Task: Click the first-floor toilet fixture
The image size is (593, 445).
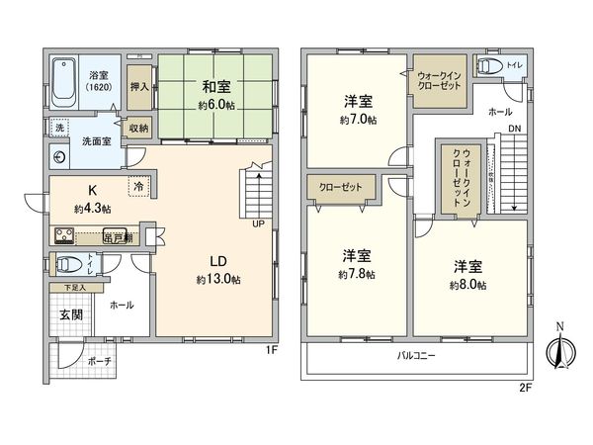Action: point(68,263)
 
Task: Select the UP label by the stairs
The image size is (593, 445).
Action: point(258,224)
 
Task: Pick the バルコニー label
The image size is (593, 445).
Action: point(418,354)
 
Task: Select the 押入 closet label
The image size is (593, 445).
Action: point(139,87)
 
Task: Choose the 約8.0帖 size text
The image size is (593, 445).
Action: point(469,285)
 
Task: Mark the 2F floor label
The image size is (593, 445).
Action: point(526,388)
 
